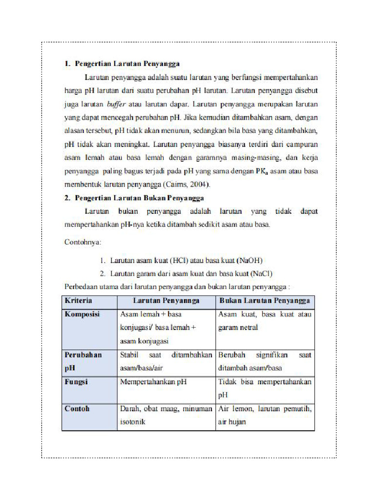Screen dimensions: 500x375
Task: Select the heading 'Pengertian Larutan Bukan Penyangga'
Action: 139,198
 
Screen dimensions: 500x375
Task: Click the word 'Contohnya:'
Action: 83,242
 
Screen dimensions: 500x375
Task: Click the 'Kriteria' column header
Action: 78,301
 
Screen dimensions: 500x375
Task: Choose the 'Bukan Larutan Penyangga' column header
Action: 264,301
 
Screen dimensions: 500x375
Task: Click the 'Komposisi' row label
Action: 82,314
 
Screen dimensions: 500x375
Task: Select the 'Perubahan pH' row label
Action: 83,361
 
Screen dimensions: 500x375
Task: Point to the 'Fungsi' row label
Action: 76,382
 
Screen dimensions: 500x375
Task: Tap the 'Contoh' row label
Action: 77,409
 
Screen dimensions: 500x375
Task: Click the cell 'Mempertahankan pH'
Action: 153,382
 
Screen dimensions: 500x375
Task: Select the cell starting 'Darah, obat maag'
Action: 166,415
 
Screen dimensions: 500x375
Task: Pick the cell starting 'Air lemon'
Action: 264,415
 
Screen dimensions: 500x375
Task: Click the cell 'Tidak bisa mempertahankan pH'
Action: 264,388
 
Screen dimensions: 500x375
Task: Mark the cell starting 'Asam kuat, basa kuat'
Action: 264,321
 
